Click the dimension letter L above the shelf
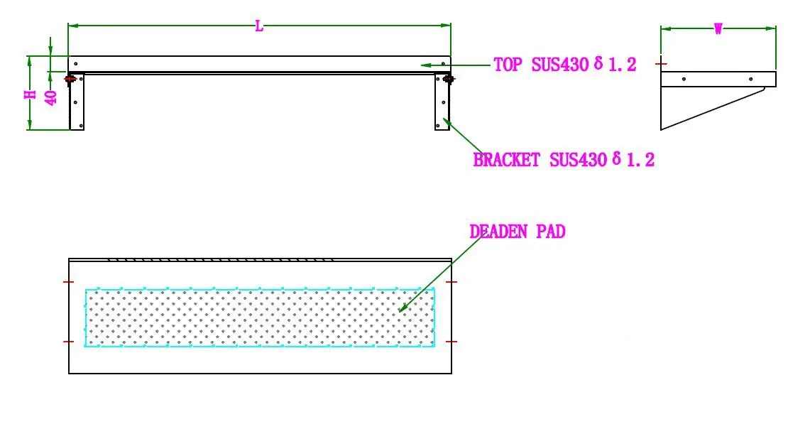259,26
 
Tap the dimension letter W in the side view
718,29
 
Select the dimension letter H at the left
31,94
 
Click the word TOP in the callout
508,65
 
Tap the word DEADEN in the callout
498,231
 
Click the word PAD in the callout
551,231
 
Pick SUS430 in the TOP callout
560,65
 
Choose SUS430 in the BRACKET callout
578,160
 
